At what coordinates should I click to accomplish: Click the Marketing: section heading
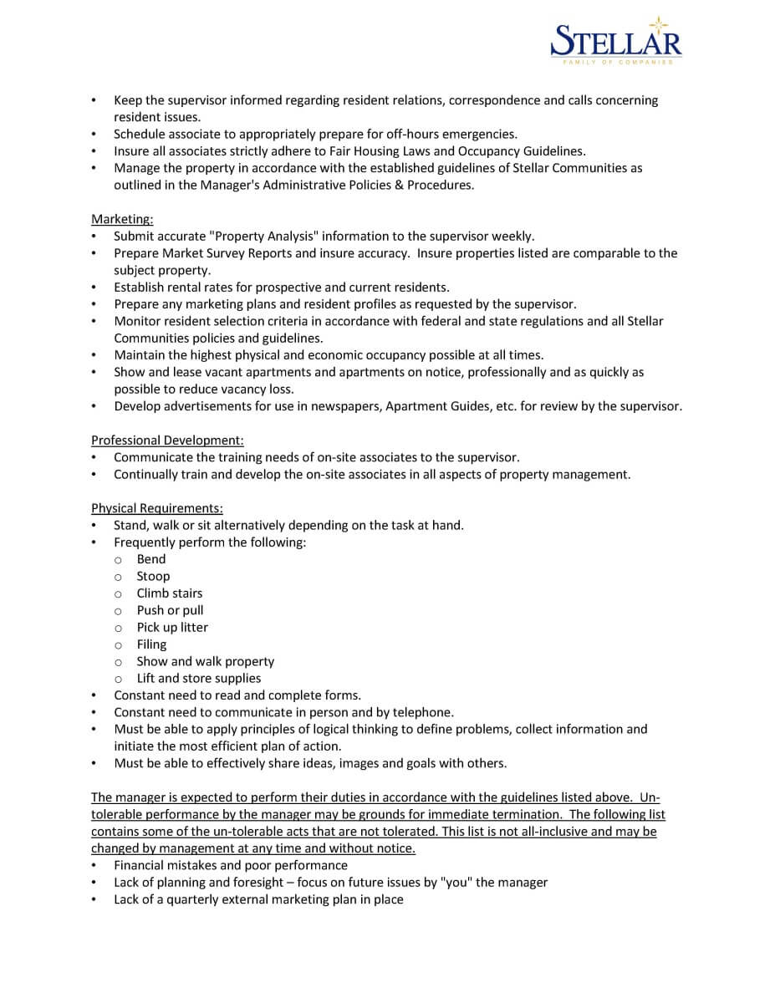pos(122,219)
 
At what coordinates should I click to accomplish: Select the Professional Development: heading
pos(167,440)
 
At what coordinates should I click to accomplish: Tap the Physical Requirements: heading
pos(157,508)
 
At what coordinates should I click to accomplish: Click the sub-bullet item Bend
pos(151,559)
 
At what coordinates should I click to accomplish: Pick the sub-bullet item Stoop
pos(153,576)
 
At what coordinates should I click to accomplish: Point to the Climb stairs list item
pos(170,593)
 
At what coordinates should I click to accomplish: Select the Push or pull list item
pos(170,610)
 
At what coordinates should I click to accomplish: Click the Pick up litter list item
pos(172,627)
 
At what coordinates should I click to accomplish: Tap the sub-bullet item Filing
pos(151,644)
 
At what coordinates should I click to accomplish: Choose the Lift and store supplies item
pos(199,678)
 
